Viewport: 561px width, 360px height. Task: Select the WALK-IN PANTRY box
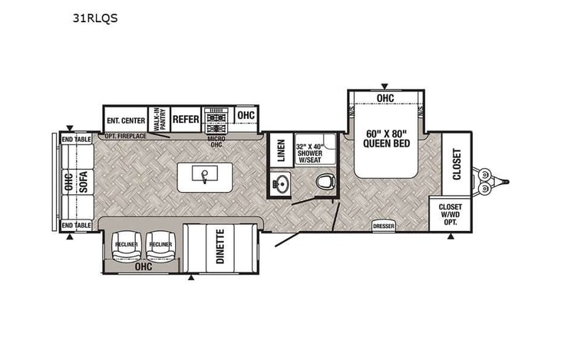pos(159,118)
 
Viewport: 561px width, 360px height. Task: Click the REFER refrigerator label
pos(186,119)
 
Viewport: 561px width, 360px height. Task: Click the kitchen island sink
pos(204,177)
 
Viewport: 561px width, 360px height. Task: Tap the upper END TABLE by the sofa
pos(77,139)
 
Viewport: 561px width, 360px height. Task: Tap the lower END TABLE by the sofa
pos(77,224)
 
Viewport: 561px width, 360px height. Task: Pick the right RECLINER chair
pos(160,244)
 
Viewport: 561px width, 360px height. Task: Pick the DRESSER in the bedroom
pos(383,226)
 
